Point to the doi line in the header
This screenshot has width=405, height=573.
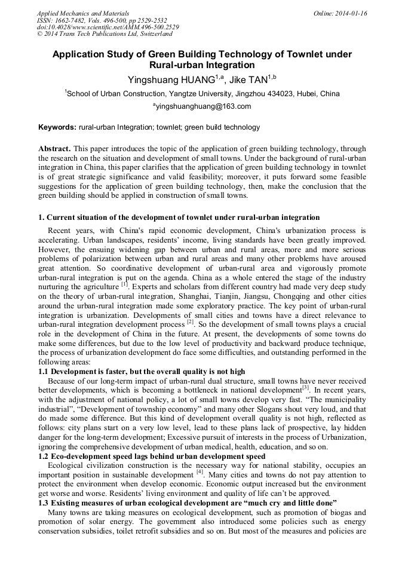108,27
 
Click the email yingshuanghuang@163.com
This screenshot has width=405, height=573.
204,107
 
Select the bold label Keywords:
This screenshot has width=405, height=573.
57,127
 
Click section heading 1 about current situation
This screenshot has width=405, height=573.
179,217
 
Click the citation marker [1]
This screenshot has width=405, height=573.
125,285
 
